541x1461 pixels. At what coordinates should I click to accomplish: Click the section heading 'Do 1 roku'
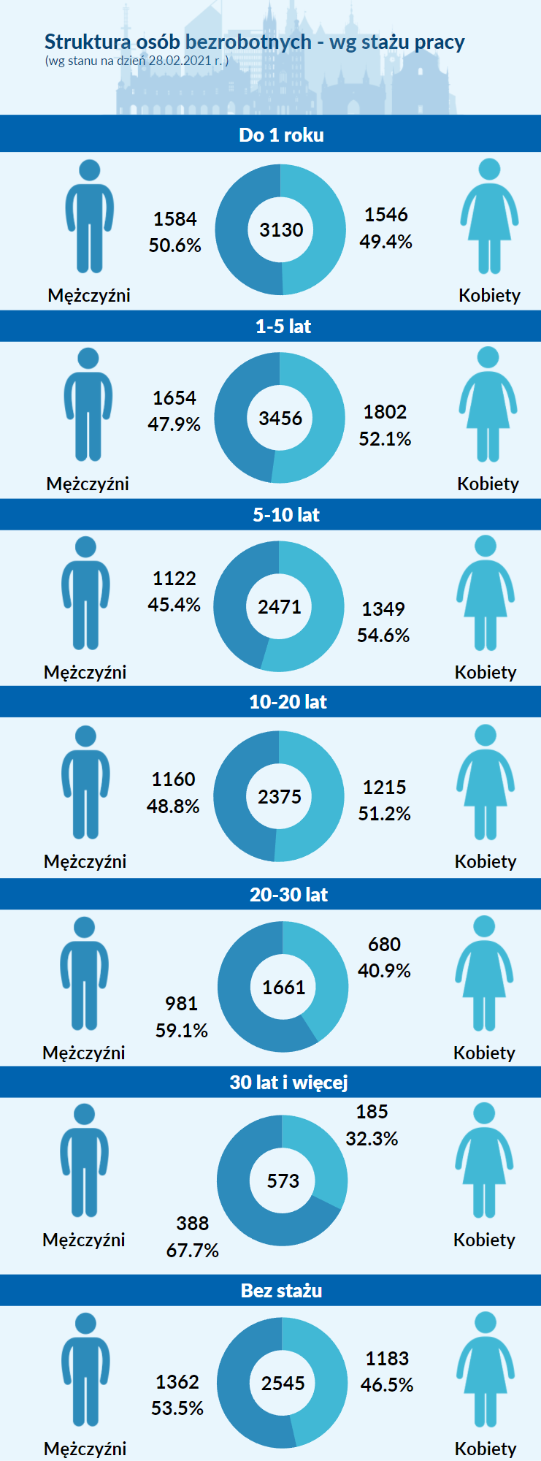click(x=281, y=135)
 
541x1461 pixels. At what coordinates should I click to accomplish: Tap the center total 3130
click(x=281, y=230)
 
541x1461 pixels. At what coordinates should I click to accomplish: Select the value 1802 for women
click(x=385, y=412)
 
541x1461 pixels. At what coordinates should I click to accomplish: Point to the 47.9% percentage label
click(x=174, y=424)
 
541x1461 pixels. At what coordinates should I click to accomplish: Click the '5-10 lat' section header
click(x=286, y=515)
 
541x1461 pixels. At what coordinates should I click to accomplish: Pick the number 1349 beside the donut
click(x=383, y=609)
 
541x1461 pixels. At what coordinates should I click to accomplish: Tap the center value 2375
click(x=280, y=796)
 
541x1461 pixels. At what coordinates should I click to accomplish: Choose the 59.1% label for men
click(x=182, y=1031)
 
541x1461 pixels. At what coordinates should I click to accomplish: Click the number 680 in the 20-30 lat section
click(x=384, y=945)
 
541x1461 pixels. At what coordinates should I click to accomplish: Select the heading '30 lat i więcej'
click(x=288, y=1082)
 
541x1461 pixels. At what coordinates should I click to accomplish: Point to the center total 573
click(x=283, y=1181)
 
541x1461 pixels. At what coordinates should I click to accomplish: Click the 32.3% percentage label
click(x=372, y=1139)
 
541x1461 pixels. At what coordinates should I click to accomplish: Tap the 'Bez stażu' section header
click(x=282, y=1291)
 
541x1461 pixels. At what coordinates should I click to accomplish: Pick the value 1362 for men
click(x=177, y=1382)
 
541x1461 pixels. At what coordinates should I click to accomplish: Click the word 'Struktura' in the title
click(x=87, y=42)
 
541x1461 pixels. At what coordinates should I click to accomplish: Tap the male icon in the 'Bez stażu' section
click(x=85, y=1370)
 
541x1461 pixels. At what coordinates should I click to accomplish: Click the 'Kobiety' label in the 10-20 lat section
click(x=486, y=861)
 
